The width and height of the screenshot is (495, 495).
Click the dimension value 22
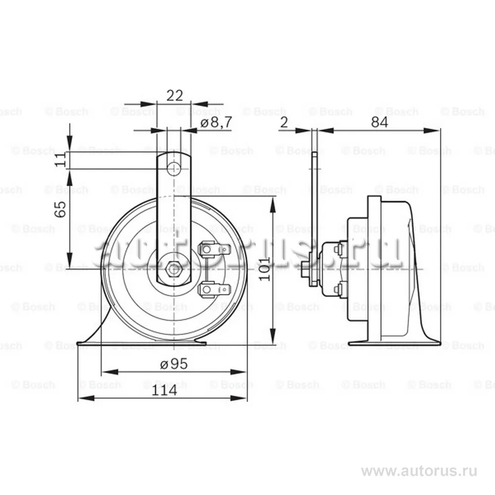[x=175, y=96]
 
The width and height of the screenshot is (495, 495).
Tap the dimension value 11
[x=60, y=160]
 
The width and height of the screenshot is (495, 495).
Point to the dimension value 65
[x=60, y=209]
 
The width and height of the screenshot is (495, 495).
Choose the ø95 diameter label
[x=174, y=364]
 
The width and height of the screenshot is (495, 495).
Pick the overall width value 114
[x=164, y=390]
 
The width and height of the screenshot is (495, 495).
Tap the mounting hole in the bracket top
[x=173, y=169]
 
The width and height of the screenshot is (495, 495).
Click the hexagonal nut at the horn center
[x=173, y=269]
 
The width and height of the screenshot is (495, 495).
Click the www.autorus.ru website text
[x=419, y=470]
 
